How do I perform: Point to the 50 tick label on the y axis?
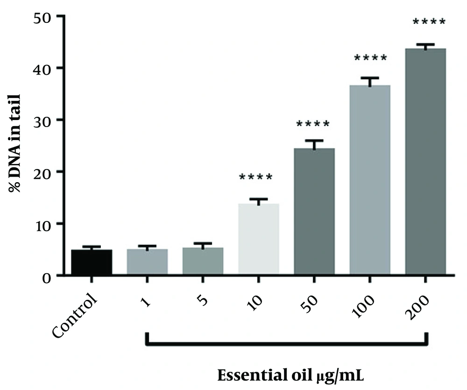(x=43, y=17)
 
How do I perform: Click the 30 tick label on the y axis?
(x=43, y=121)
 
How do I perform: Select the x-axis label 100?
(x=363, y=306)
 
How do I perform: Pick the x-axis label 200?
(x=419, y=306)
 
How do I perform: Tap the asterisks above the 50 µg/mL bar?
(x=313, y=125)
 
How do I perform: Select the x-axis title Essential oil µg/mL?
(x=295, y=375)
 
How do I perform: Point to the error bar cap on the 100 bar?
(x=369, y=78)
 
